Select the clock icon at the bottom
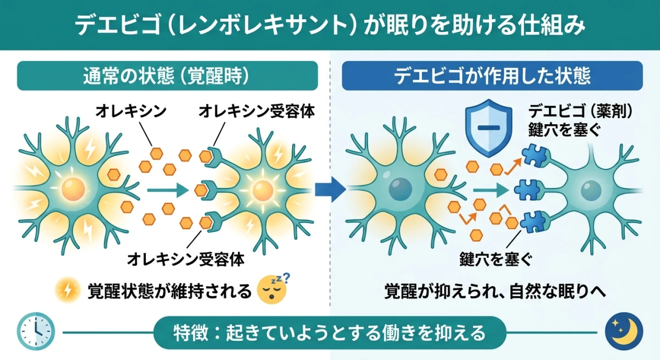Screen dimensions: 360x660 [36, 331]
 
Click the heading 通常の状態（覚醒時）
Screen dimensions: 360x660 [168, 76]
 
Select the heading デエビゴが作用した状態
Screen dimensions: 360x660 [492, 76]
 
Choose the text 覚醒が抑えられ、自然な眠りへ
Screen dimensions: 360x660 [495, 291]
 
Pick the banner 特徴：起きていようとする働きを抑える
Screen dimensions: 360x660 [329, 332]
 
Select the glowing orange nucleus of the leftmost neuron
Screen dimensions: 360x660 [72, 190]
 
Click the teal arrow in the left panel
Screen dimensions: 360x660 [167, 190]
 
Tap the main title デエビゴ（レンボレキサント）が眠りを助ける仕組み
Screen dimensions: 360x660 [329, 25]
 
